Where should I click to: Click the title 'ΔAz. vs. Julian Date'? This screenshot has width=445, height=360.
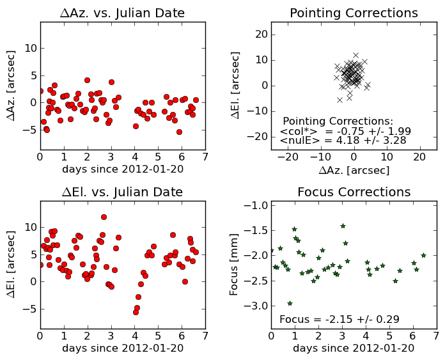pyautogui.click(x=123, y=13)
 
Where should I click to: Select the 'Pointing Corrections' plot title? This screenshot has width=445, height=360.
pyautogui.click(x=354, y=13)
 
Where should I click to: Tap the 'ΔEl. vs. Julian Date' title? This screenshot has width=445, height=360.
pyautogui.click(x=123, y=192)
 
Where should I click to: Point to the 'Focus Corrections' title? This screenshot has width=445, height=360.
pyautogui.click(x=354, y=192)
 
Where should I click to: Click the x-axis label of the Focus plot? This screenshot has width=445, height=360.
pyautogui.click(x=354, y=348)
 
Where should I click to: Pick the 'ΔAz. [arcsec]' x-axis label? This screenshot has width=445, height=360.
pyautogui.click(x=354, y=170)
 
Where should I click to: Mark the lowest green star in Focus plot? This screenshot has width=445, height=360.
pyautogui.click(x=290, y=303)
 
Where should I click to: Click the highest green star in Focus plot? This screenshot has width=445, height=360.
pyautogui.click(x=343, y=226)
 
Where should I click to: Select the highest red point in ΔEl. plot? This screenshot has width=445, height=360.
pyautogui.click(x=104, y=217)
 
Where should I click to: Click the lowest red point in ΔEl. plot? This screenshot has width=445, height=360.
pyautogui.click(x=136, y=312)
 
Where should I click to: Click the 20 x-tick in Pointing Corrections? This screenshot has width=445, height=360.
pyautogui.click(x=419, y=157)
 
